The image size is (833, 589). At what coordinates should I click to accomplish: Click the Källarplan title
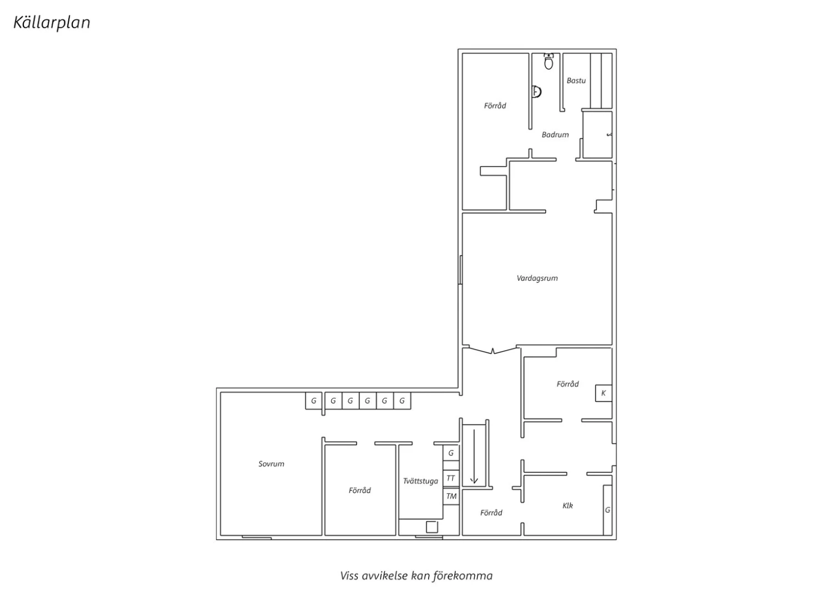click(52, 23)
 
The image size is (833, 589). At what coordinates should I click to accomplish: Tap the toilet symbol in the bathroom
click(549, 61)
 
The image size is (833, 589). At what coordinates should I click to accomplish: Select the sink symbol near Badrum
click(536, 91)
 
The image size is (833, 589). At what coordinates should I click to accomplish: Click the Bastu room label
click(576, 81)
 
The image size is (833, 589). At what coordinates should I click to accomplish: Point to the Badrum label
click(555, 134)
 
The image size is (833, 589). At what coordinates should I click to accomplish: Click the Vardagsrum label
click(538, 278)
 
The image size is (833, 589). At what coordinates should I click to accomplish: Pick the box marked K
click(604, 393)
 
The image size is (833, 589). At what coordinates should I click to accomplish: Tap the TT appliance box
click(451, 478)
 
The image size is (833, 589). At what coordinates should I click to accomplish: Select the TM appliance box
click(451, 496)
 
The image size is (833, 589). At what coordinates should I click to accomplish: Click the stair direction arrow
click(474, 456)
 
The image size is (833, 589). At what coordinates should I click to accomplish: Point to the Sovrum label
click(272, 464)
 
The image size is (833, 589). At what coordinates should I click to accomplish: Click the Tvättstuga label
click(420, 481)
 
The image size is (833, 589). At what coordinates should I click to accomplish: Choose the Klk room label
click(568, 506)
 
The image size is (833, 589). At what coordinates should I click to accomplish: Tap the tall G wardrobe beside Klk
click(608, 510)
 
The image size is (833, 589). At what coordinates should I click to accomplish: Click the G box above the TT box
click(451, 453)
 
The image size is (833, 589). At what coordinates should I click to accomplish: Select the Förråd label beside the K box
click(568, 384)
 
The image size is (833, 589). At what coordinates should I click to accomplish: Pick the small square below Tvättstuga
click(431, 527)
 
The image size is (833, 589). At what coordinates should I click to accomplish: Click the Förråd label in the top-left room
click(495, 106)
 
